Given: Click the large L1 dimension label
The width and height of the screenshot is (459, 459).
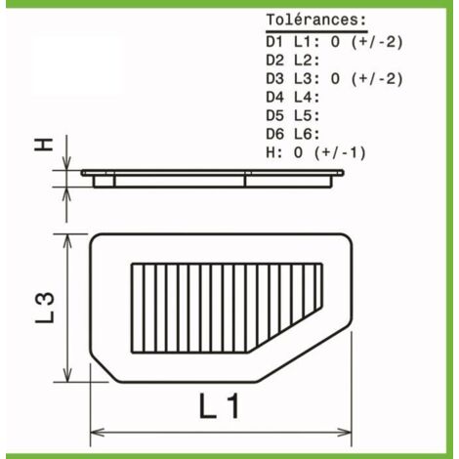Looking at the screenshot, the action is tap(220, 405).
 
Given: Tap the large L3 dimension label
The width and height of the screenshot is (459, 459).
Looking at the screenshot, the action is tap(45, 308).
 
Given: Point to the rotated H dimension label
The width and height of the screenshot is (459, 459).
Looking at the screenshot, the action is tap(44, 145).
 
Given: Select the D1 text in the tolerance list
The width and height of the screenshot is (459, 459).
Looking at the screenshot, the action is tap(274, 42).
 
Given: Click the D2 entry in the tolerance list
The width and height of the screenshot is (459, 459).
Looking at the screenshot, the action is tap(274, 61).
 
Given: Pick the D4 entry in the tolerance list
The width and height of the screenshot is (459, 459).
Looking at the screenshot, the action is tap(274, 98).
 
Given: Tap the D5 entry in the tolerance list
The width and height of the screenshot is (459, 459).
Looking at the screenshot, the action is tap(274, 116).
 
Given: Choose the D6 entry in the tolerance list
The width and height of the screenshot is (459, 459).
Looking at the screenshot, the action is tap(274, 134).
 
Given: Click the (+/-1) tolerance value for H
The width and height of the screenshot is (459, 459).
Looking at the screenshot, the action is tap(340, 152).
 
